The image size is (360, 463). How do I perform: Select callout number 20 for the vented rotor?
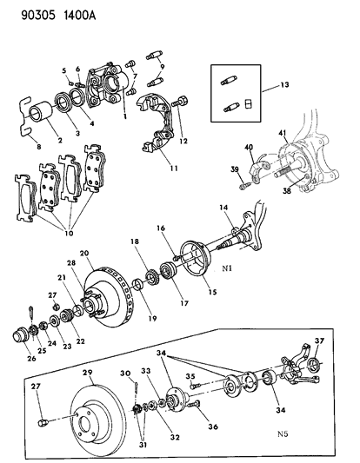point(85,253)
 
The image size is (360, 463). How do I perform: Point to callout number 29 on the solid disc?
point(86,372)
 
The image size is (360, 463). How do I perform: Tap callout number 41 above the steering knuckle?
point(281,132)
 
